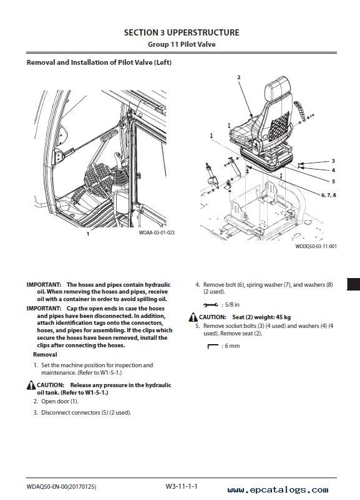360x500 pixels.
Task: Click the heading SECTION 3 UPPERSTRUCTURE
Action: (182, 32)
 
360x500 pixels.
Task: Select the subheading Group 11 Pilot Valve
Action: (182, 44)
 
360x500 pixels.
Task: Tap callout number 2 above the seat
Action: (239, 77)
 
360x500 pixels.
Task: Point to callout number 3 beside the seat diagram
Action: (333, 161)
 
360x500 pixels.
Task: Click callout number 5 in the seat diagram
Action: (333, 181)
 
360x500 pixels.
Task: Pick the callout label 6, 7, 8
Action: (328, 195)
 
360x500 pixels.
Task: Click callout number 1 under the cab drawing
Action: (88, 234)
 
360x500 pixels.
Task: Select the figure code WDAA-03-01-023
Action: (157, 233)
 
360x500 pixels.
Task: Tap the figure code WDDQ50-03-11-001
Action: (316, 246)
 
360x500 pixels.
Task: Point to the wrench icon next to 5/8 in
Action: (211, 305)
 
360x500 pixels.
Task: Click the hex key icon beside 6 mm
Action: (213, 346)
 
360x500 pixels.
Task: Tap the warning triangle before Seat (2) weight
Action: (193, 317)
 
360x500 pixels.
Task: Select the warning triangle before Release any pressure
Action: (31, 385)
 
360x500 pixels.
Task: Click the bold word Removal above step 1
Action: (45, 355)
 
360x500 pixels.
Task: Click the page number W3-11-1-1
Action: (182, 486)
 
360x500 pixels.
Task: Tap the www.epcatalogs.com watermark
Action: (278, 490)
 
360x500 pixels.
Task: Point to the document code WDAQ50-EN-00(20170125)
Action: (61, 487)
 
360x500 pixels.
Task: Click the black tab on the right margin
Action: (353, 284)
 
